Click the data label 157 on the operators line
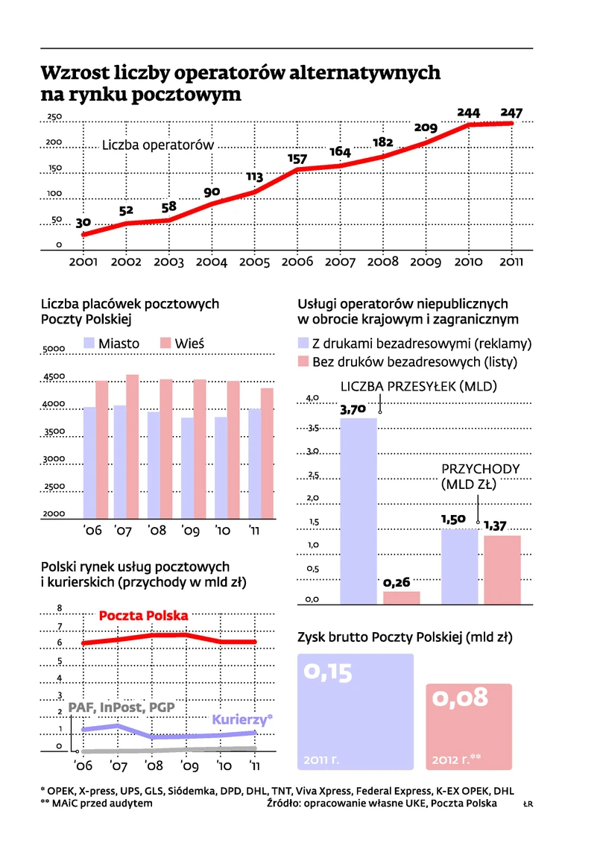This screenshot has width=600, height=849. click(x=297, y=159)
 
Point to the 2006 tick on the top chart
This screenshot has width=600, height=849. click(x=297, y=262)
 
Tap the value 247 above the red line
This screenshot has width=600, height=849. click(x=511, y=113)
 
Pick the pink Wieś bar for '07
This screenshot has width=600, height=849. click(x=132, y=446)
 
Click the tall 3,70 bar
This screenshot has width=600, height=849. click(x=359, y=510)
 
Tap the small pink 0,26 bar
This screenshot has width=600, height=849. click(x=402, y=596)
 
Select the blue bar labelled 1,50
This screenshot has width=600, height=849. click(x=459, y=565)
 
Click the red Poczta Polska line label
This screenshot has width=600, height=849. click(x=143, y=616)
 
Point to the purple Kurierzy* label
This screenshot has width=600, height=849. click(x=242, y=719)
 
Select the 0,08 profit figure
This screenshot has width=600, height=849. click(x=461, y=697)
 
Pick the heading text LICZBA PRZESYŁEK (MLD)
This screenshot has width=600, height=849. click(x=418, y=386)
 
